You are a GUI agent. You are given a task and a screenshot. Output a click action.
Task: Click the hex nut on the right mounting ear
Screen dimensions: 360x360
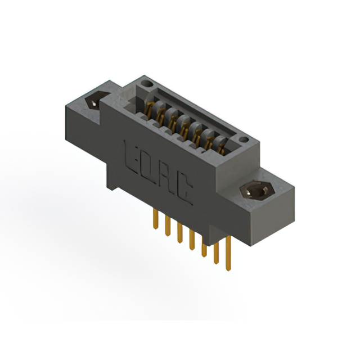click(256, 192)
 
